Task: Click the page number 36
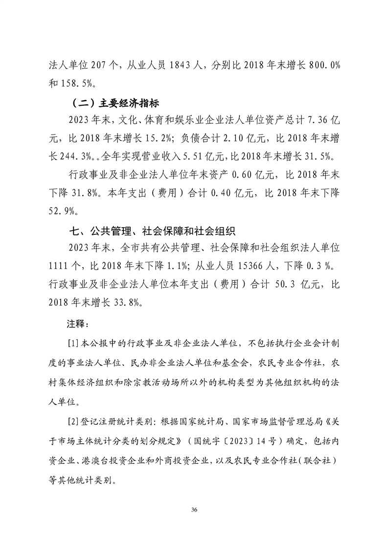coord(194,510)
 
